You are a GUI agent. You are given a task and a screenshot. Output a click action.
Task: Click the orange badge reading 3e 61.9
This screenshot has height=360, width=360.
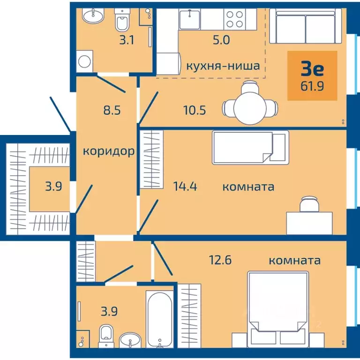tap(312, 75)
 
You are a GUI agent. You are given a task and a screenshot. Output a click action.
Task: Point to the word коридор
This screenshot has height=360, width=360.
tap(109, 151)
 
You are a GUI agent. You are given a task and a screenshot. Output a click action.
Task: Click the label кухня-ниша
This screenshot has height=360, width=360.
tap(223, 66)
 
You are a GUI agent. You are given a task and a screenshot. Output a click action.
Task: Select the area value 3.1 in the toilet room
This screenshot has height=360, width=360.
tap(126, 40)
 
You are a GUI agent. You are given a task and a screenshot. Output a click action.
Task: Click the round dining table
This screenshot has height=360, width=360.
tap(250, 105)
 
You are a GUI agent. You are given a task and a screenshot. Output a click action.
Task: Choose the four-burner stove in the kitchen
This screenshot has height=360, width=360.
tap(234, 19)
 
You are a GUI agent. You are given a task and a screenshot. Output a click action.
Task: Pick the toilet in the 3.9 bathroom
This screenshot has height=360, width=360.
tap(106, 336)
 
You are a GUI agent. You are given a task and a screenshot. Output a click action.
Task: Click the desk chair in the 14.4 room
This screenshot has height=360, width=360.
tap(308, 204)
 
